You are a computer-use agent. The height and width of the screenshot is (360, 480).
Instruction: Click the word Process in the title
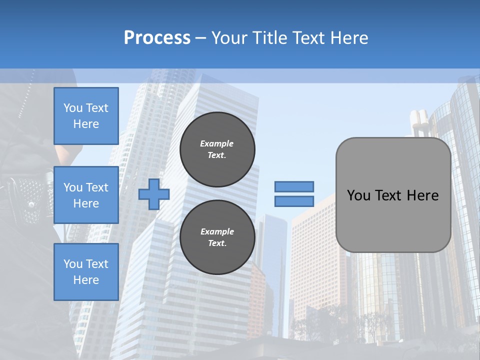pos(157,38)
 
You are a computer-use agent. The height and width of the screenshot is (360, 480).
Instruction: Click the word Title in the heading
pos(269,38)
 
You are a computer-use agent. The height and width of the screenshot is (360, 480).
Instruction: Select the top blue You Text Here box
pos(86,116)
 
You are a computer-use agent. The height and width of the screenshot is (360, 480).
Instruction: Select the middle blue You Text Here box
pos(86,195)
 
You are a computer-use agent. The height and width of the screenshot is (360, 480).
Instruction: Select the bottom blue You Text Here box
pos(86,271)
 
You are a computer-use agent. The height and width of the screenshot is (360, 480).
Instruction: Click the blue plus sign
pos(154,194)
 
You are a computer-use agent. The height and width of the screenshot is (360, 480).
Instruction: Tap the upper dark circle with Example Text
pos(217,149)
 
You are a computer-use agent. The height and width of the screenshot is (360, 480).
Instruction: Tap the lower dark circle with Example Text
pos(217,237)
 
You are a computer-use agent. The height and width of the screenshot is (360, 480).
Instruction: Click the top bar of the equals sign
pos(294,186)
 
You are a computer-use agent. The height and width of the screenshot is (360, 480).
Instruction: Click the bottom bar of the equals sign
pos(294,201)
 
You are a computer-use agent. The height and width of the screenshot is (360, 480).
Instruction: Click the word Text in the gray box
pos(389,195)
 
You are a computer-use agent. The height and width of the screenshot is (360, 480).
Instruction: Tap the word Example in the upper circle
pos(217,143)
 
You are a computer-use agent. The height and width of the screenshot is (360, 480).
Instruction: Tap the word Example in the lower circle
pos(217,231)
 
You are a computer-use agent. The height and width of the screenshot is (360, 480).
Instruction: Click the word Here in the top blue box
pos(86,124)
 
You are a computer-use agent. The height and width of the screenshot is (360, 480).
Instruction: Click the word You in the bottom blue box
pos(72,264)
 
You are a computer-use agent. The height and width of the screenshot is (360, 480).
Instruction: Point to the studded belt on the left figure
pos(27,192)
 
